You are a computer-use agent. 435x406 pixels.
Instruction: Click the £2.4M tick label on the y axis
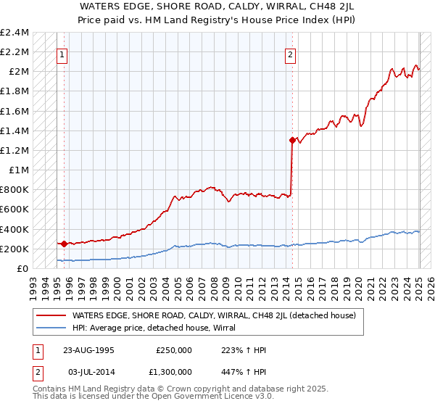click(14, 33)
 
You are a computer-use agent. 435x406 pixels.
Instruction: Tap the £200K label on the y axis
click(14, 249)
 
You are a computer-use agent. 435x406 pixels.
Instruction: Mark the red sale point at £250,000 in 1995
click(65, 244)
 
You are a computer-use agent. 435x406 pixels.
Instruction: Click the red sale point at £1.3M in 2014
click(292, 141)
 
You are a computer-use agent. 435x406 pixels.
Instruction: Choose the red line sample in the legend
click(51, 316)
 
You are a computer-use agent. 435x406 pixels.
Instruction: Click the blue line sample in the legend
click(51, 328)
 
